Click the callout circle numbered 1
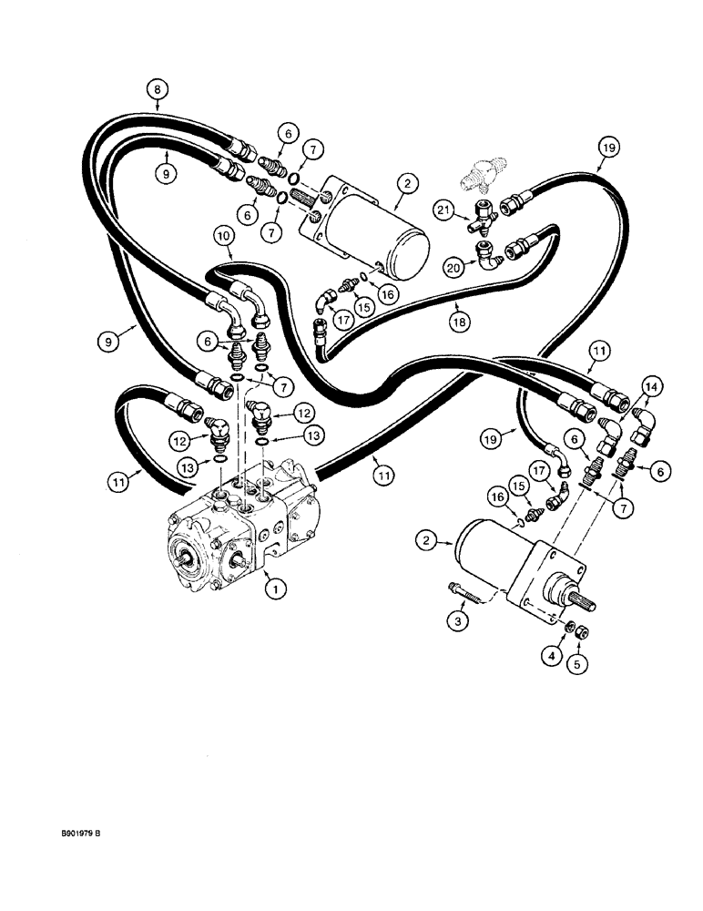click(270, 589)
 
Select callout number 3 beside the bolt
click(458, 619)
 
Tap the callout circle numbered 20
click(453, 266)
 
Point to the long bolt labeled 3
click(470, 593)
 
